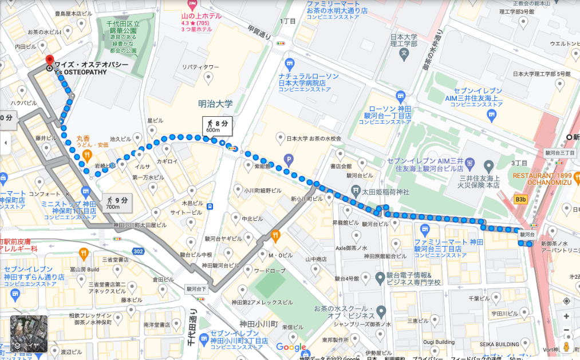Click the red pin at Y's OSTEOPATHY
[x=49, y=61]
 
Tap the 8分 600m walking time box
[x=217, y=126]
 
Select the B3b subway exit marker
[x=520, y=200]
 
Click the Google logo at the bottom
[x=291, y=347]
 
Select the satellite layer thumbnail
[x=29, y=334]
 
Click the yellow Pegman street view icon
[x=566, y=346]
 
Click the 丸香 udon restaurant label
[x=83, y=139]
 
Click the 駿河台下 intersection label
[x=196, y=290]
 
